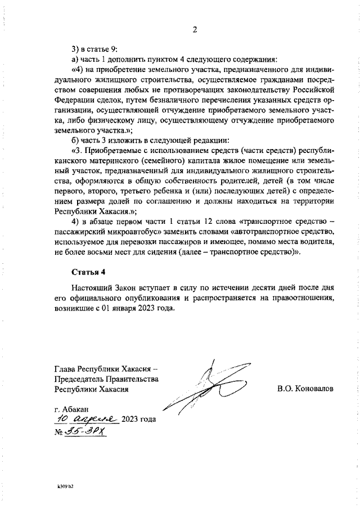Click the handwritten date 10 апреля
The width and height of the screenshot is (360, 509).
point(87,420)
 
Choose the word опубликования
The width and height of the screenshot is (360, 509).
point(151,298)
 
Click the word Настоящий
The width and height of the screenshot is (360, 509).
point(91,287)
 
